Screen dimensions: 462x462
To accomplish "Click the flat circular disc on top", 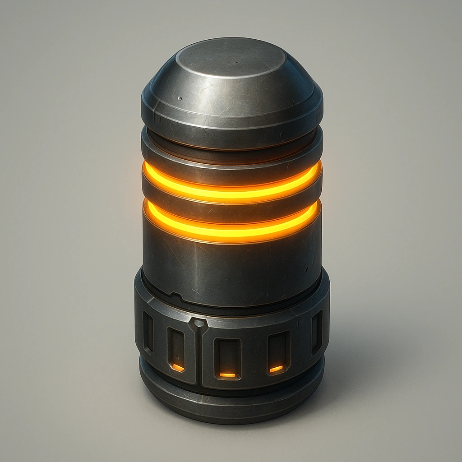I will [x=231, y=59].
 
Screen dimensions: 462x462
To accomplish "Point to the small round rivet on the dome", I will [x=180, y=98].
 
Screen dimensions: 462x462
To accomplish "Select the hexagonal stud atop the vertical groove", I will [x=198, y=323].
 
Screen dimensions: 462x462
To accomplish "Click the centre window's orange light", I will [x=227, y=375].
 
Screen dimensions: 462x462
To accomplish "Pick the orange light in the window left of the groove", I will [x=177, y=368].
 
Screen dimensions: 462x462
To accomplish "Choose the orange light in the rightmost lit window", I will [x=276, y=369].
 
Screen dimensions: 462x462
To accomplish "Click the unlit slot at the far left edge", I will [x=148, y=332].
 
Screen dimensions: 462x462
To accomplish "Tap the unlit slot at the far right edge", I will [x=317, y=332].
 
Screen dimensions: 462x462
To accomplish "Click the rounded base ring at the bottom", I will [x=231, y=406].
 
